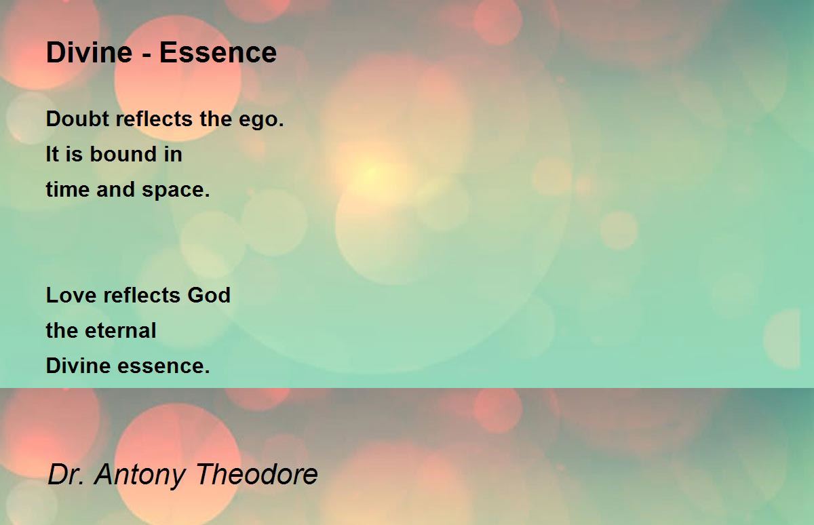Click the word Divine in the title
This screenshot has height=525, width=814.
89,52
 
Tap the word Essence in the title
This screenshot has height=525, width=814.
218,52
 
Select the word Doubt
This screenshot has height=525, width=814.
77,119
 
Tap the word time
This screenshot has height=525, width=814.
68,189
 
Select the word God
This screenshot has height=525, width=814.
209,294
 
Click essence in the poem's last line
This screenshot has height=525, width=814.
163,366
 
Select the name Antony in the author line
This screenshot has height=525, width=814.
140,475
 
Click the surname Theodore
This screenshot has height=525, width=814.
257,473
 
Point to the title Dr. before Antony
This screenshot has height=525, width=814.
66,473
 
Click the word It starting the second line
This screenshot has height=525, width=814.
52,154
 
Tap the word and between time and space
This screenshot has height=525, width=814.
115,189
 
